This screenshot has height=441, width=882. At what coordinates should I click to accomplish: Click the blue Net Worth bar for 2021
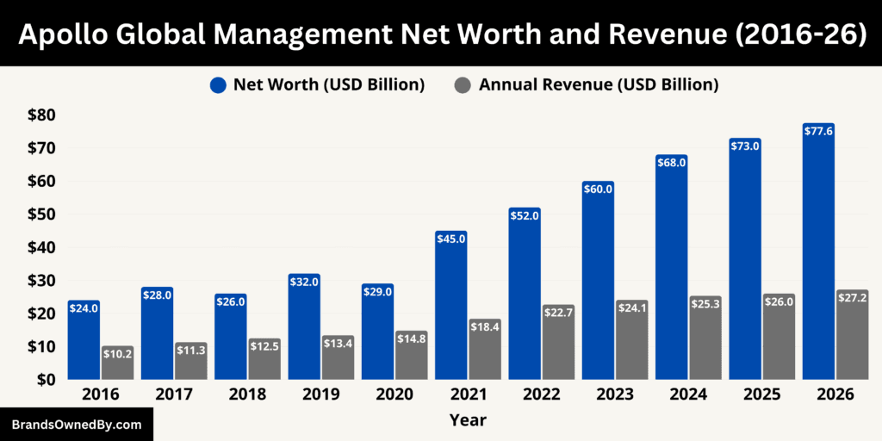click(450, 310)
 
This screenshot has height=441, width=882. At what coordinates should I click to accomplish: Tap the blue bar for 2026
click(818, 258)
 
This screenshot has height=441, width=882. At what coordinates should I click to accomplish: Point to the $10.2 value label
click(117, 355)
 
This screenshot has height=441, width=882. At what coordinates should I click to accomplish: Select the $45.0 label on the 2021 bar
click(450, 239)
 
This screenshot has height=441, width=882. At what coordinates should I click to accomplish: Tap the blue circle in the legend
click(218, 84)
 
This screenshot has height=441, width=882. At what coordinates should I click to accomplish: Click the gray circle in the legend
click(463, 84)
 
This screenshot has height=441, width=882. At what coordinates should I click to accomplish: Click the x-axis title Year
click(467, 420)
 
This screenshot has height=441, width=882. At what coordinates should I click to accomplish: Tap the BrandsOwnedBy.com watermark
click(77, 425)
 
